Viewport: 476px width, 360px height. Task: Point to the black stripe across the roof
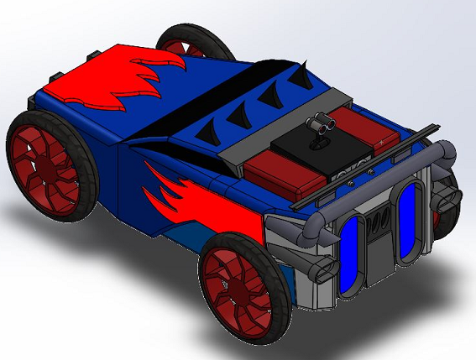[x=193, y=101]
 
